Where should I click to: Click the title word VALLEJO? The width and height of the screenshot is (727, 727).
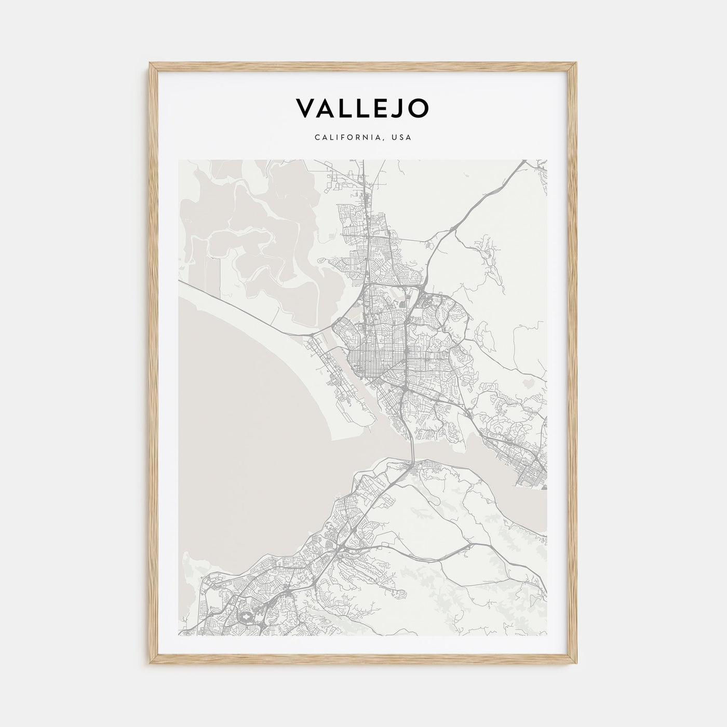[x=362, y=108]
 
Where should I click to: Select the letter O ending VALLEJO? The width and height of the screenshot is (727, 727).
[x=420, y=108]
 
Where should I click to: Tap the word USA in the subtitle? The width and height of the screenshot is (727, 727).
[x=401, y=138]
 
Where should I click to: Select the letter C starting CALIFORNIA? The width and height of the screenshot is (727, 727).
[x=316, y=138]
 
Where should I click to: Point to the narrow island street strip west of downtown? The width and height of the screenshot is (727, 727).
[x=332, y=374]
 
